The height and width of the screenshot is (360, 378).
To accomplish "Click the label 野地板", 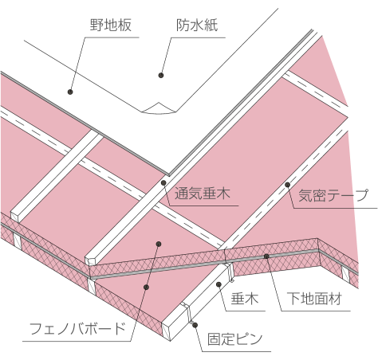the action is pyautogui.click(x=111, y=25).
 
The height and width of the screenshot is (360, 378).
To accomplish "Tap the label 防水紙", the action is pyautogui.click(x=197, y=25).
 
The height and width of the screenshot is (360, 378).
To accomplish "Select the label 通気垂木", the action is pyautogui.click(x=203, y=194).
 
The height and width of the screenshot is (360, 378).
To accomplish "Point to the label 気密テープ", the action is pyautogui.click(x=333, y=195).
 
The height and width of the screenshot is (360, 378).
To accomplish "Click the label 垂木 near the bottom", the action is pyautogui.click(x=245, y=299).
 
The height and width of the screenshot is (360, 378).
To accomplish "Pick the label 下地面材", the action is pyautogui.click(x=314, y=299).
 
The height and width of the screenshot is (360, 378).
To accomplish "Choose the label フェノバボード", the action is pyautogui.click(x=77, y=329).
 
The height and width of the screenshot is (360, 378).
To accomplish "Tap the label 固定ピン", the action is pyautogui.click(x=235, y=339).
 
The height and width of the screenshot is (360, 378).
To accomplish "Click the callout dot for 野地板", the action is pyautogui.click(x=70, y=92).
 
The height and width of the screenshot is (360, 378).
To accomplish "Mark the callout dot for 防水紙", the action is pyautogui.click(x=161, y=76).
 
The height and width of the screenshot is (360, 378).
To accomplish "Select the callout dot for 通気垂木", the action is pyautogui.click(x=163, y=182).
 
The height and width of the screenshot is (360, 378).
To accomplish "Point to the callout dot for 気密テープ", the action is pyautogui.click(x=287, y=185).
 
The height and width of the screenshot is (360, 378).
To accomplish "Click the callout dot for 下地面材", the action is pyautogui.click(x=266, y=256).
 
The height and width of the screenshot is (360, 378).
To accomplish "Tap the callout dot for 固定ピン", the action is pyautogui.click(x=195, y=325).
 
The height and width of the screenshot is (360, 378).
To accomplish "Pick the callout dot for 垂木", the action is pyautogui.click(x=219, y=284).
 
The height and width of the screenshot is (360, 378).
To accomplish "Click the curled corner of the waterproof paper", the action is pyautogui.click(x=159, y=108).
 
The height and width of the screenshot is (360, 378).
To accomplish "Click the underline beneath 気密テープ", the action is pyautogui.click(x=335, y=208).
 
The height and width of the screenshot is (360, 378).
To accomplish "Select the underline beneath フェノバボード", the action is pyautogui.click(x=77, y=341).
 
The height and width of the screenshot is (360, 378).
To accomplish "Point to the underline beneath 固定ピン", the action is pyautogui.click(x=237, y=352).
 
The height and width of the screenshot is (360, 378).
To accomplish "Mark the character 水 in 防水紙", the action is pyautogui.click(x=197, y=25).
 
